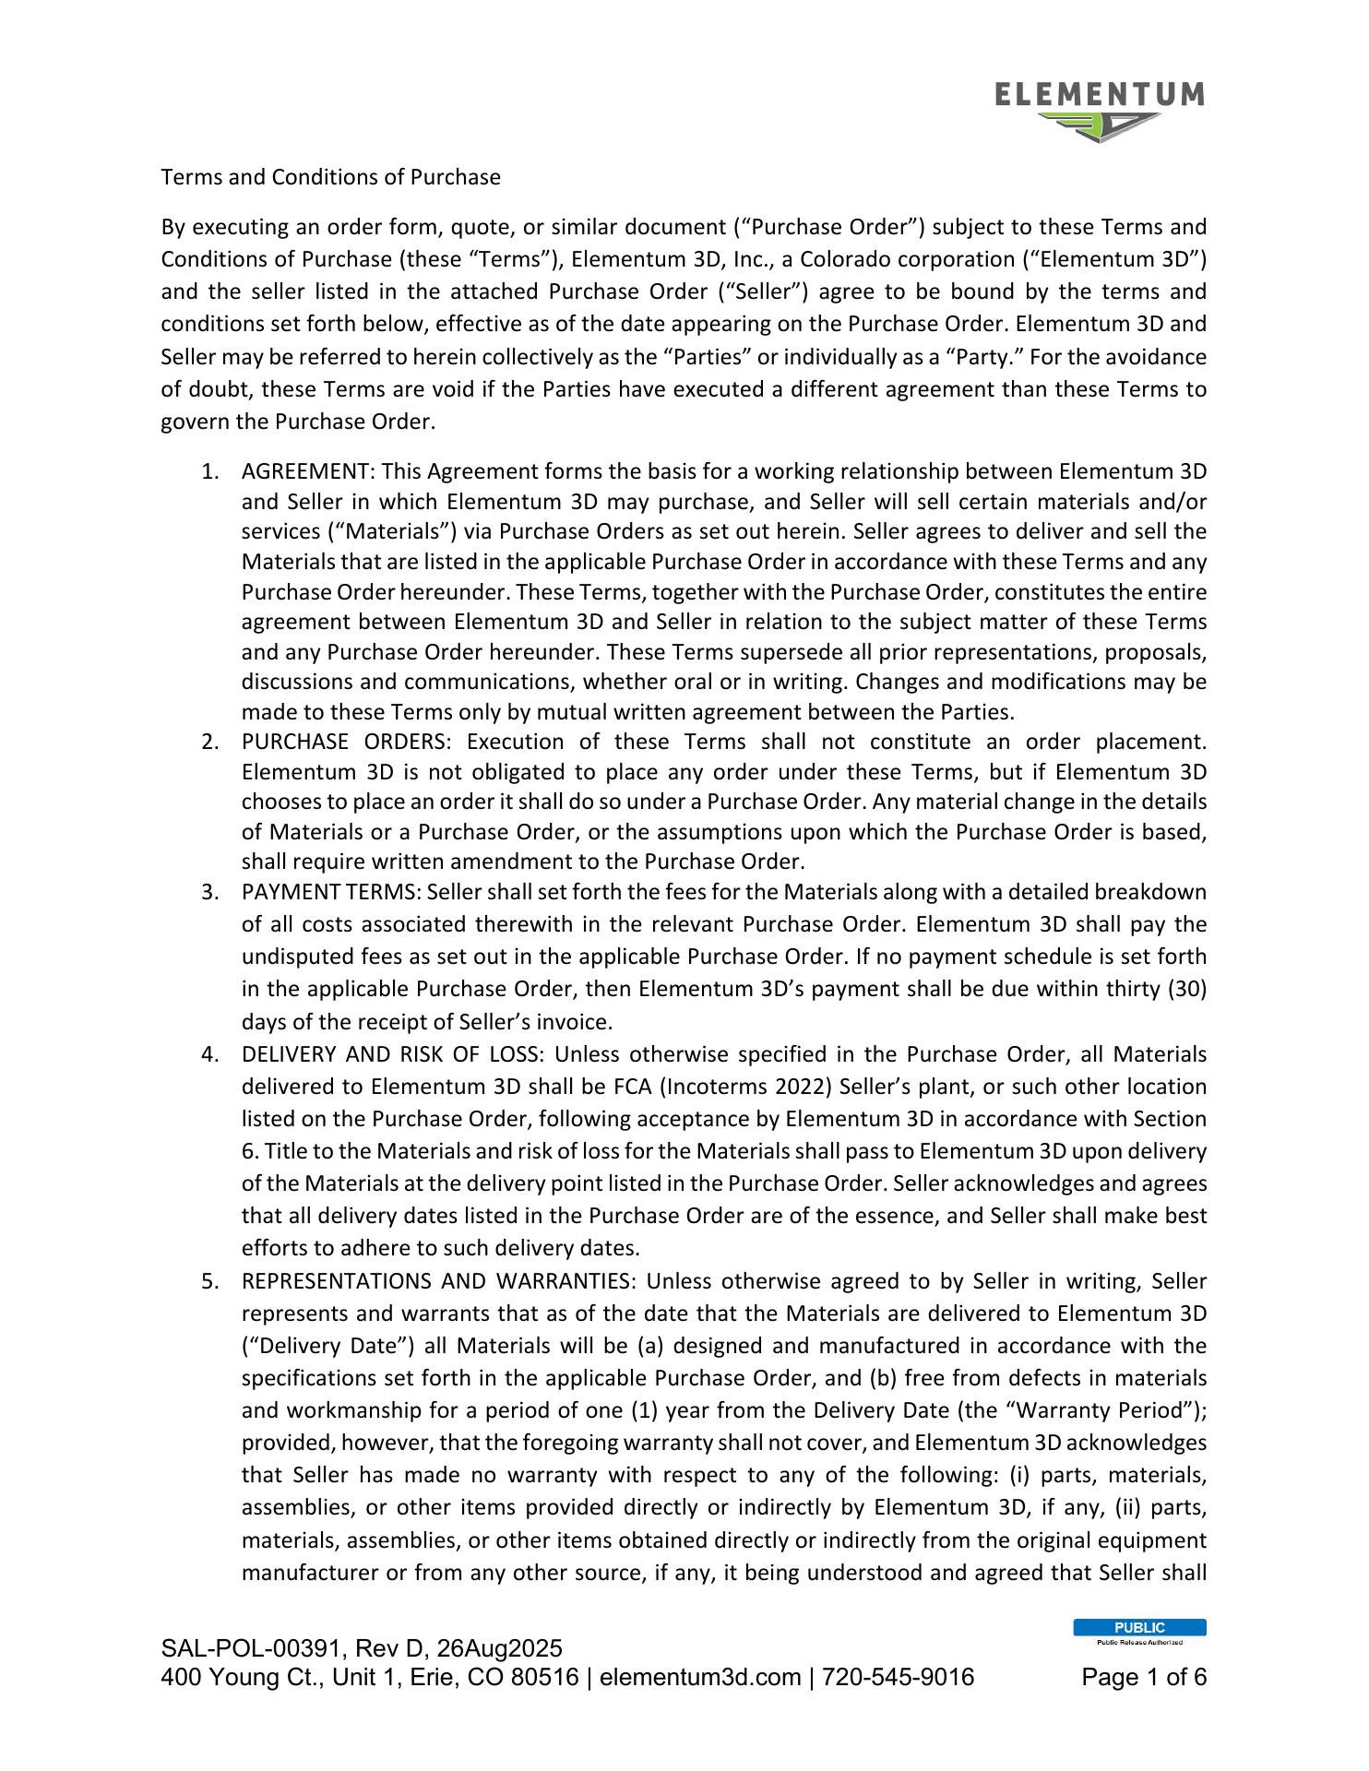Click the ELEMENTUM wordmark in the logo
(1100, 94)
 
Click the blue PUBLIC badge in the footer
(1139, 1627)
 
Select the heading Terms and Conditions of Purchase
(330, 177)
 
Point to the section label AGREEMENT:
(306, 472)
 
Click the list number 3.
(209, 893)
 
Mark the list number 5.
(209, 1281)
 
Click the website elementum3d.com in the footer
(700, 1677)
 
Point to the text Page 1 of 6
(1144, 1677)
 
